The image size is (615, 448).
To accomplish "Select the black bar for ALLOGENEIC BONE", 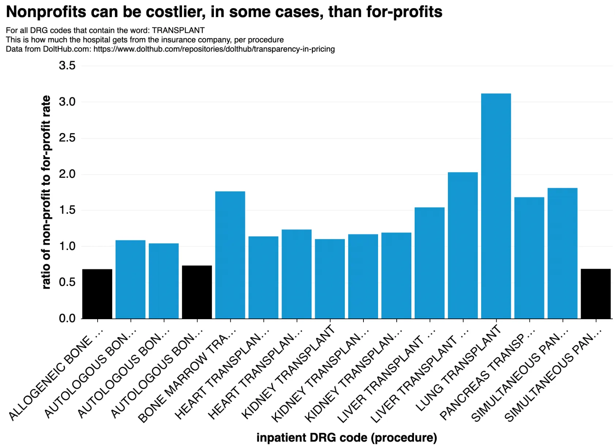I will point(97,294).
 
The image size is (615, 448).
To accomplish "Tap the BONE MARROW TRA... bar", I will point(230,255).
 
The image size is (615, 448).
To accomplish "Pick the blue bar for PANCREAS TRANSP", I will point(529,258).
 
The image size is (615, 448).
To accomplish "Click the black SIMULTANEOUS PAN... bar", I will point(596,294).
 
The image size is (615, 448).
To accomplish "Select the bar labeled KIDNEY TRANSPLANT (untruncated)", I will point(330,279).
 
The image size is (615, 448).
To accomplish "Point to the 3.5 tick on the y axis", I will point(67,66).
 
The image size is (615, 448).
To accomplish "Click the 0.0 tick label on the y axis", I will point(67,318).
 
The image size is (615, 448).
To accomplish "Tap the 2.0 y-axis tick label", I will point(67,174).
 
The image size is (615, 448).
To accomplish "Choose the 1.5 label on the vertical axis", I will point(67,210).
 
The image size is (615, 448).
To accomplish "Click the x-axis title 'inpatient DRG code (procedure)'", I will point(347,438).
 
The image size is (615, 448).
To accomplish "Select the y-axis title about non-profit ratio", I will point(46,192).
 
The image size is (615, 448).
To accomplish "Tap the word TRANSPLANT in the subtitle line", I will point(178,30).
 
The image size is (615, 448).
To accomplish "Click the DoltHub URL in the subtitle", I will point(214,49).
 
